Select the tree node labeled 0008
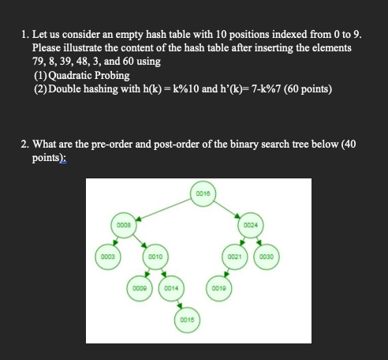click(x=123, y=225)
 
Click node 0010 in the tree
click(x=155, y=257)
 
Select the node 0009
click(x=139, y=289)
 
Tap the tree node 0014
click(x=171, y=289)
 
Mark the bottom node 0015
click(x=187, y=321)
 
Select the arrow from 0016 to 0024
click(x=227, y=209)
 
